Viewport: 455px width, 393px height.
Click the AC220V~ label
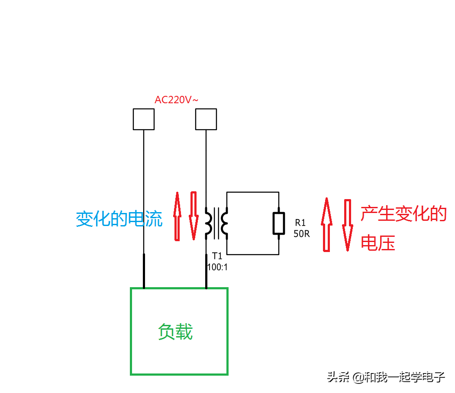[x=177, y=100]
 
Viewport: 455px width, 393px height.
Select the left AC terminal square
[x=144, y=119]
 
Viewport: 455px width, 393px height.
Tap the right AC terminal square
[x=206, y=119]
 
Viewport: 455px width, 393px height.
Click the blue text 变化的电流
[x=119, y=219]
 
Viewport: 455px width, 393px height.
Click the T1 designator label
[x=217, y=256]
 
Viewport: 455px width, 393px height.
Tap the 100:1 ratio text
[x=217, y=267]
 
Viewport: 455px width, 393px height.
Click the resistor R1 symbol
[x=279, y=223]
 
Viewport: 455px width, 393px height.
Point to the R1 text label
[x=300, y=223]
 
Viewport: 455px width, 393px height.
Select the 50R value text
[x=302, y=234]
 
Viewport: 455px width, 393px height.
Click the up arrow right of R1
[x=326, y=224]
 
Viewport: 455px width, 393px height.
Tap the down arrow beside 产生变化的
[x=347, y=225]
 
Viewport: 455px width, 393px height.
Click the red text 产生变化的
[x=403, y=214]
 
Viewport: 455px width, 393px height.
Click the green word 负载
[x=175, y=332]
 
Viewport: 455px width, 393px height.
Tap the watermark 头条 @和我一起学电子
[x=386, y=377]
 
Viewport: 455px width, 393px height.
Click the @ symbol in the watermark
[x=358, y=377]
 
